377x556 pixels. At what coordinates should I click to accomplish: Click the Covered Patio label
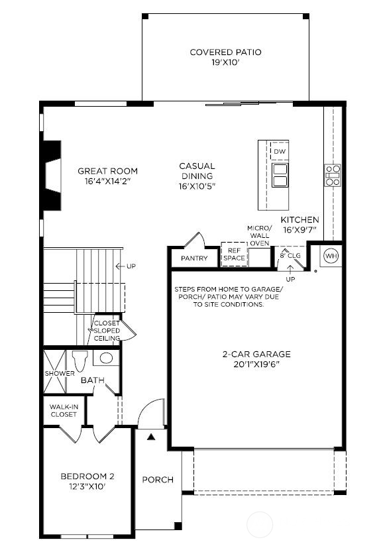coord(225,52)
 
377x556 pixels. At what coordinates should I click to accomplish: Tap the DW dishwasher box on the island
coord(280,151)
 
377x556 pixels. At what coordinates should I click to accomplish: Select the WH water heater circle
coord(331,256)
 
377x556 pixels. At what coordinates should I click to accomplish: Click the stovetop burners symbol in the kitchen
coord(332,174)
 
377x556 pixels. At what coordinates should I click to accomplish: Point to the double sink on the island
coord(280,174)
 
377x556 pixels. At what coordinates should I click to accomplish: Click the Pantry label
coord(194,258)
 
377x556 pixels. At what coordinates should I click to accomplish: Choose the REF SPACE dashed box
coord(233,254)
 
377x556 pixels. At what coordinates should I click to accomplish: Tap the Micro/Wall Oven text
coord(259,235)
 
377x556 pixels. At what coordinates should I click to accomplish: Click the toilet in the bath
coord(80,361)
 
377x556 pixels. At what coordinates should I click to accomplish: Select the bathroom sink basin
coord(105,359)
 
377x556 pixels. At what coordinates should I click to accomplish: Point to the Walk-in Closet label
coord(64,411)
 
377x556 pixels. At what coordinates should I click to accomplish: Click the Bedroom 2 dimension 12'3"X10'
coord(88,486)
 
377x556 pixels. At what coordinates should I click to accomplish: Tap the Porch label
coord(158,480)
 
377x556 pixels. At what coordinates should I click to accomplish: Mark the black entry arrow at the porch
coord(150,437)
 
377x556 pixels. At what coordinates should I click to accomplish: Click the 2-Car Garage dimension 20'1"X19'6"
coord(256,364)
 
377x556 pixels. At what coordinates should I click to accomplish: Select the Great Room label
coord(105,170)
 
